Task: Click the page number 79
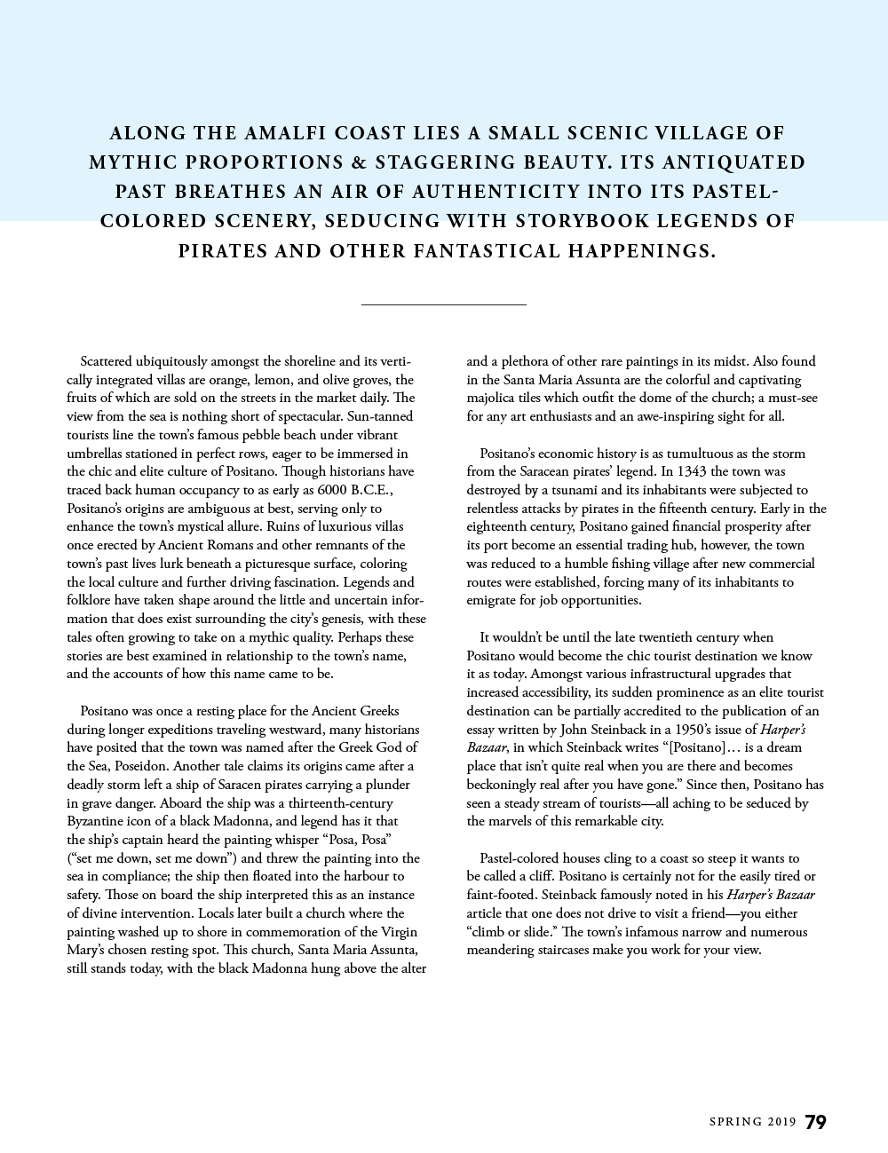(815, 1122)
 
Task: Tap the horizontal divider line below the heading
(444, 304)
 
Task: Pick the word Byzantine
(98, 821)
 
